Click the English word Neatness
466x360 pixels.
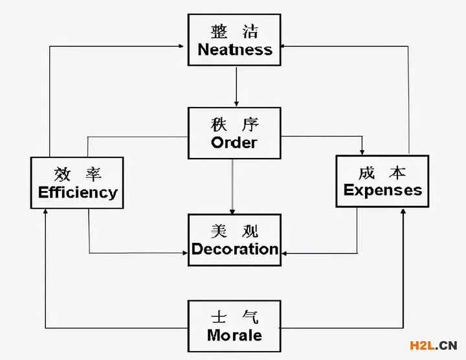(x=235, y=50)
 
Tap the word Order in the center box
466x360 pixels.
(x=234, y=142)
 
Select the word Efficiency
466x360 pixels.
(x=78, y=192)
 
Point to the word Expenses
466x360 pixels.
(x=383, y=190)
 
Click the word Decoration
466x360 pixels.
(x=235, y=249)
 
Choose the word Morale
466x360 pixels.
(x=234, y=335)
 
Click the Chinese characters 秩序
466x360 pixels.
(x=234, y=124)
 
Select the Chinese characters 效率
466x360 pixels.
(x=78, y=174)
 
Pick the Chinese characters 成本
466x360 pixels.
(x=382, y=172)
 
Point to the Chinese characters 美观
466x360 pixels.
(x=234, y=231)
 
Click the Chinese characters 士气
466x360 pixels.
(x=234, y=317)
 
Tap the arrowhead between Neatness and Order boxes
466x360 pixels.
(x=236, y=104)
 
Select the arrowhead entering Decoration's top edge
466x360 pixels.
(x=232, y=211)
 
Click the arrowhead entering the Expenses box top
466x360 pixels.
(x=362, y=150)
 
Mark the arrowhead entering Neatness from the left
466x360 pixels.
(x=184, y=47)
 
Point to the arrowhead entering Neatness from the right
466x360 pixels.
(x=285, y=47)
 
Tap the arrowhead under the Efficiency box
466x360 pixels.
(x=45, y=212)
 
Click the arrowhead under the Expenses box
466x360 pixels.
(x=403, y=211)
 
